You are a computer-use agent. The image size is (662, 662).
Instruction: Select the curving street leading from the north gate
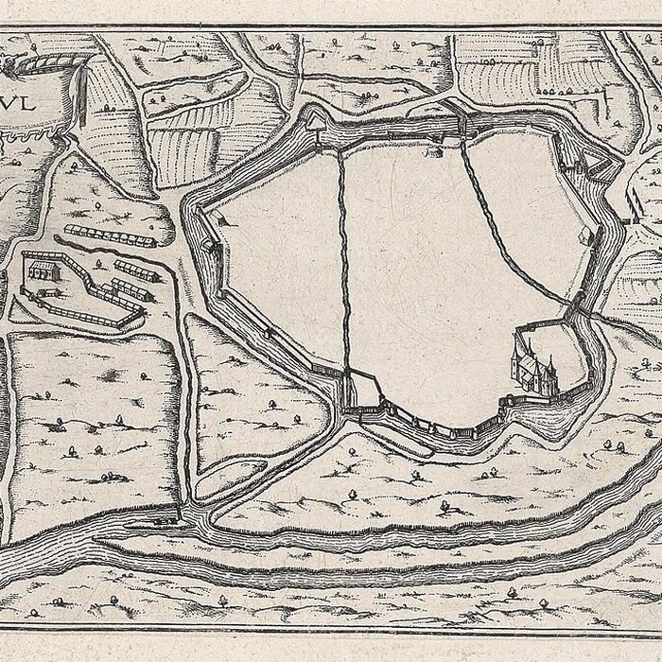[x=511, y=227]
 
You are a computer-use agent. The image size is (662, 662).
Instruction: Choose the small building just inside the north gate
[x=434, y=150]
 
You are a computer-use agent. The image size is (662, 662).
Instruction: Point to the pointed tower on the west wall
[x=224, y=223]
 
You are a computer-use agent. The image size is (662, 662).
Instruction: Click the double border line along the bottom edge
[x=331, y=627]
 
